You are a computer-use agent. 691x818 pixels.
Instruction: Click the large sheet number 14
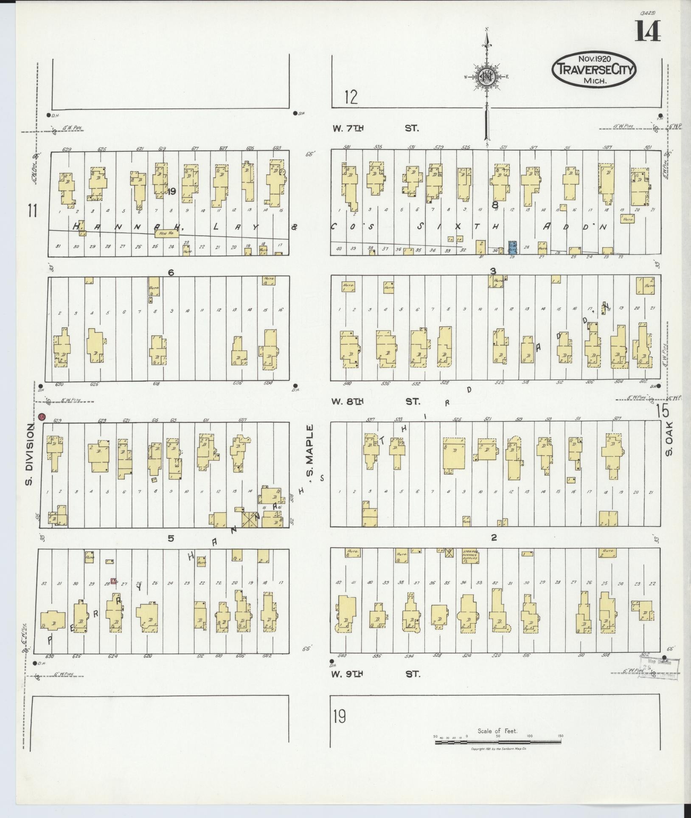[648, 32]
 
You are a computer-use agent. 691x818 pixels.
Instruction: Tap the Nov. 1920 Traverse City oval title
[594, 70]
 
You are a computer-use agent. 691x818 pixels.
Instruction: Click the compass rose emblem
[487, 76]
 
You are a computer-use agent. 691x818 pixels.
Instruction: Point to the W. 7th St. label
[376, 128]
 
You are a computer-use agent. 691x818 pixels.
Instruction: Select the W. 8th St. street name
[376, 401]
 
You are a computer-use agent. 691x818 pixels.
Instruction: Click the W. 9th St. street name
[376, 674]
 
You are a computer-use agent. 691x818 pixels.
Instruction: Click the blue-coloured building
[512, 247]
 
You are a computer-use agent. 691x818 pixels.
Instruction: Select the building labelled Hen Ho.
[166, 233]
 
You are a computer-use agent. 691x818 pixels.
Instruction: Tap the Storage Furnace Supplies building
[470, 556]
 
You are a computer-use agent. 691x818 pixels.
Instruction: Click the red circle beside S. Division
[42, 417]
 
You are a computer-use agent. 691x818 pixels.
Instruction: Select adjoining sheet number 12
[351, 97]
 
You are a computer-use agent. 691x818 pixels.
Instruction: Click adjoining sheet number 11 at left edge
[32, 210]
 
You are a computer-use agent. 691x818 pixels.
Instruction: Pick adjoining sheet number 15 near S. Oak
[662, 411]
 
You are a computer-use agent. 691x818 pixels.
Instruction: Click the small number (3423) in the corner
[645, 13]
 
